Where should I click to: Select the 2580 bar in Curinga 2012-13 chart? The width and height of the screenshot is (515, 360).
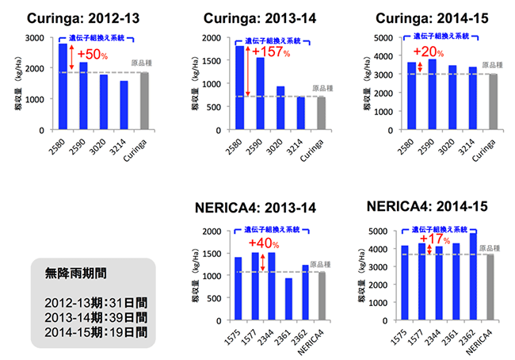(63, 86)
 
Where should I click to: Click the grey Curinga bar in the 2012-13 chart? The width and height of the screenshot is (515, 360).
(145, 101)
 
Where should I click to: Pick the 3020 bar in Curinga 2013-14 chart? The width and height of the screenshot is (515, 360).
(280, 108)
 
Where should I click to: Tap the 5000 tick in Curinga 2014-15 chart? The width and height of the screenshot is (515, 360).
(391, 38)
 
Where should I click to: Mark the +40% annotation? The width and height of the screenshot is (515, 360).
(263, 243)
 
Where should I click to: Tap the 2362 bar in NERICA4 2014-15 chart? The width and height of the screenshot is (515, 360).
(473, 277)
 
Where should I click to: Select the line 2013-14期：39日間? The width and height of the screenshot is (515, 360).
(91, 316)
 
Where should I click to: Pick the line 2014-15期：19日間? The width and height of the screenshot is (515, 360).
(91, 331)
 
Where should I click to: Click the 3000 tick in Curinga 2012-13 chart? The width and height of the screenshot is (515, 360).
(36, 38)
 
